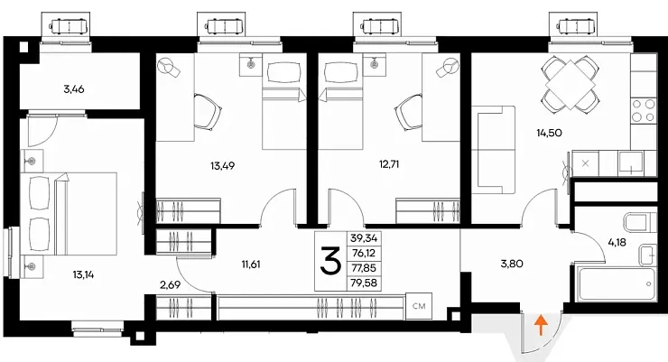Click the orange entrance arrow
click(x=541, y=325)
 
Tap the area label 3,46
click(x=74, y=89)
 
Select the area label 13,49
click(x=222, y=165)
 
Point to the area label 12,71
click(x=389, y=164)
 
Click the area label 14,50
click(x=549, y=133)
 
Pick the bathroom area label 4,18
click(x=617, y=243)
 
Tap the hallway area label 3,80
click(x=512, y=264)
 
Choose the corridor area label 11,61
click(x=251, y=265)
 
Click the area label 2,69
click(x=170, y=284)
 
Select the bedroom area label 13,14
click(x=83, y=274)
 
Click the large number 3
click(x=330, y=261)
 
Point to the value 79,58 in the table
click(x=365, y=283)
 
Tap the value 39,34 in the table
click(x=365, y=237)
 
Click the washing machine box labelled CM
click(x=419, y=306)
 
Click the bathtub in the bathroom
click(x=615, y=283)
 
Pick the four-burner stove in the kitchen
click(x=644, y=110)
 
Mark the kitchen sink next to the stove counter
click(x=630, y=163)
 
